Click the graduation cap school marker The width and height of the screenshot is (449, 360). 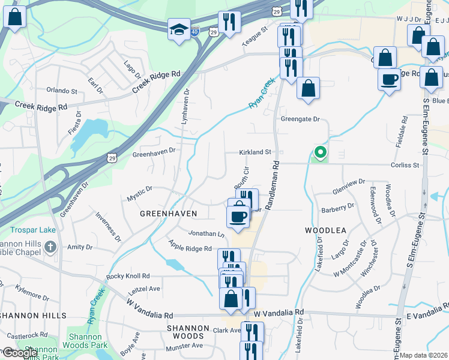click(x=179, y=30)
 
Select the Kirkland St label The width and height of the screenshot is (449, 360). click(x=256, y=152)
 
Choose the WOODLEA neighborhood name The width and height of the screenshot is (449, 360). click(x=326, y=230)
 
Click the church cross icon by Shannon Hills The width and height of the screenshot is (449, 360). click(x=50, y=246)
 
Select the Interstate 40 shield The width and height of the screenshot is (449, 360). click(x=196, y=31)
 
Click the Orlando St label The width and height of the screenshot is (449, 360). click(x=62, y=92)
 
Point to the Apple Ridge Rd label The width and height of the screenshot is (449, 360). click(x=190, y=248)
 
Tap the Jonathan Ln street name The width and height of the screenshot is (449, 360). click(x=206, y=233)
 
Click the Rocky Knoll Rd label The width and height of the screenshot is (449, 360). click(x=128, y=276)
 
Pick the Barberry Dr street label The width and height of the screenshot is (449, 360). click(x=338, y=208)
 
